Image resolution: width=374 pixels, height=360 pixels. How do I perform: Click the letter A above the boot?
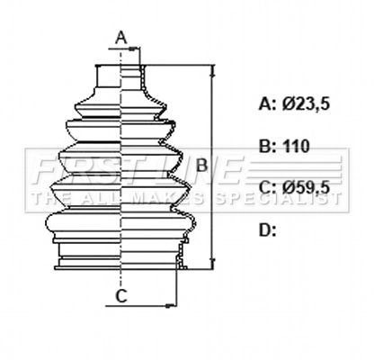tap(121, 37)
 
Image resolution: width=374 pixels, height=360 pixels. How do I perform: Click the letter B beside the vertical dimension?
tap(202, 165)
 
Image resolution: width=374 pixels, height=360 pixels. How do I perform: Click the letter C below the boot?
tap(120, 294)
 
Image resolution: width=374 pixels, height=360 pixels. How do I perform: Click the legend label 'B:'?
tap(267, 145)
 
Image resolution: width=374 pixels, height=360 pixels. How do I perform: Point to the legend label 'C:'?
tap(267, 187)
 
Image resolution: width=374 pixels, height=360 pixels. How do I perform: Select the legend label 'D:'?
tap(267, 229)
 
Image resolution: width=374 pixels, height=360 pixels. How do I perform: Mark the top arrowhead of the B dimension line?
tap(213, 69)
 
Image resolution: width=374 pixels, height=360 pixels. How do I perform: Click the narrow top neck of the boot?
tap(119, 76)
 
